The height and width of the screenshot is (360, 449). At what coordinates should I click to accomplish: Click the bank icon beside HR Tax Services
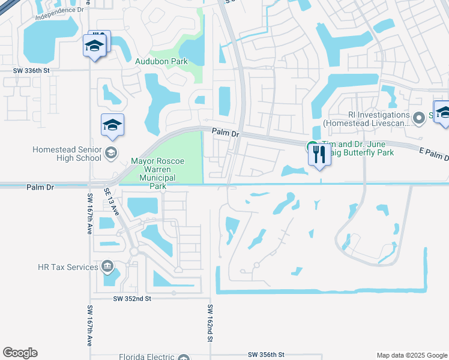click(x=107, y=266)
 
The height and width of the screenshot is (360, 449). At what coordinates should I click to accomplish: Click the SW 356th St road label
click(x=265, y=355)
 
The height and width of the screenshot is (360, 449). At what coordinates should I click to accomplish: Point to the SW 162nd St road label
click(x=211, y=323)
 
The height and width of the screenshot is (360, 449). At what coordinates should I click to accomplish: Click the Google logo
click(x=20, y=353)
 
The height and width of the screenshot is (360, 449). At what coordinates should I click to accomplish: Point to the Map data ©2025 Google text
click(x=411, y=355)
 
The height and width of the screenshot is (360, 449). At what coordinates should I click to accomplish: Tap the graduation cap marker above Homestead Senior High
click(x=112, y=125)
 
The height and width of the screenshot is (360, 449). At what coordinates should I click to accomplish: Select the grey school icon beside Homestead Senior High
click(x=110, y=154)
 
